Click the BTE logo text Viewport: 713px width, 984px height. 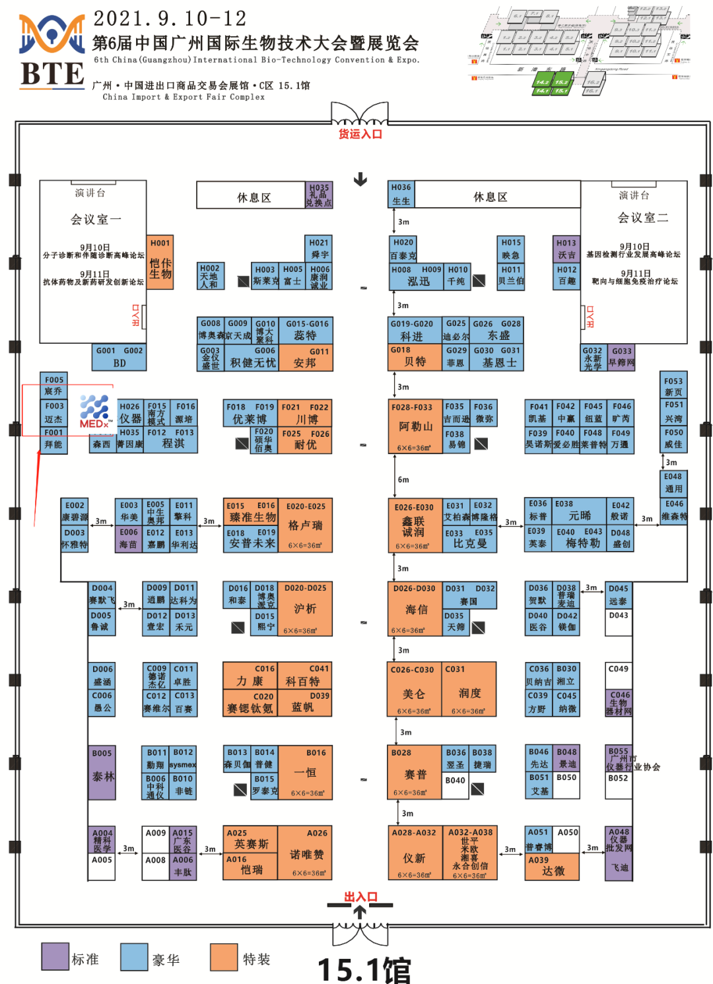[52, 74]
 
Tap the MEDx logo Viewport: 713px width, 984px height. [94, 412]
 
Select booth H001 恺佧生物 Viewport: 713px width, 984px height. [160, 263]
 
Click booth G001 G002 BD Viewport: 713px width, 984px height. [119, 357]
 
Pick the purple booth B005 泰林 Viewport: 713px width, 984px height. [102, 773]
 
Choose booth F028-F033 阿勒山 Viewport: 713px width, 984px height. [415, 426]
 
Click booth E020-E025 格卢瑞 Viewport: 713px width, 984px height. [305, 525]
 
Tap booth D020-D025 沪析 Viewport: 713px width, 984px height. [305, 608]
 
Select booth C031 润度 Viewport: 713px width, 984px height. [469, 690]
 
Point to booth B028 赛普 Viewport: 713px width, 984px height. [415, 773]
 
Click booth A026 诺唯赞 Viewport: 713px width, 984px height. [306, 853]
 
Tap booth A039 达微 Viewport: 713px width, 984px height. [552, 867]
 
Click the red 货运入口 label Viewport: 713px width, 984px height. [360, 134]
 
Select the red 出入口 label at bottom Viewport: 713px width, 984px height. [360, 896]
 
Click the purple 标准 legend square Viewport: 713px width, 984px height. [55, 957]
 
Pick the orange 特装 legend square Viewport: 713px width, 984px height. [224, 957]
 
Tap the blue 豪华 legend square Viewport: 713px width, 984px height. [134, 957]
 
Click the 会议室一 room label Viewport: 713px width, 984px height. [96, 219]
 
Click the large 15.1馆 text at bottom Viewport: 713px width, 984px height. [364, 969]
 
